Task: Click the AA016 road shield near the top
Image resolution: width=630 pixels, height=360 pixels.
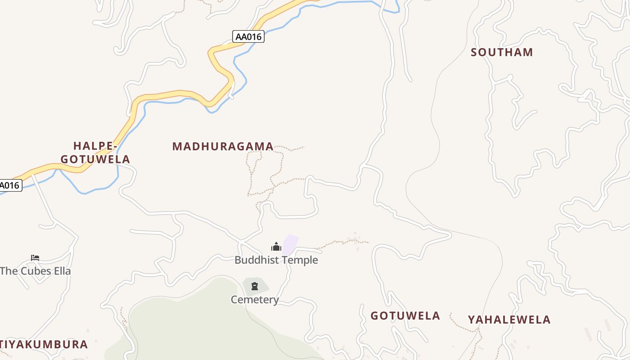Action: pyautogui.click(x=248, y=36)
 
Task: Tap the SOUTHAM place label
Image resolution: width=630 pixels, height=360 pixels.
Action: pyautogui.click(x=502, y=52)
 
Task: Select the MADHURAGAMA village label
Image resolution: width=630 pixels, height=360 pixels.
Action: pyautogui.click(x=223, y=146)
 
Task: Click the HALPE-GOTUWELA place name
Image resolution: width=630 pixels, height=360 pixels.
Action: pyautogui.click(x=95, y=153)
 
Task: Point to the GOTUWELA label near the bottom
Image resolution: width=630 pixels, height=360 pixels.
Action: pyautogui.click(x=405, y=316)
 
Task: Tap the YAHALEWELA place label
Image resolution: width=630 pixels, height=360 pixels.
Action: pyautogui.click(x=509, y=320)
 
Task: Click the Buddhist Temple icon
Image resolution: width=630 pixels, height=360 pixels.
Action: pyautogui.click(x=276, y=247)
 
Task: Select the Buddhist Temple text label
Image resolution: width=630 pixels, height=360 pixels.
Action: pyautogui.click(x=276, y=260)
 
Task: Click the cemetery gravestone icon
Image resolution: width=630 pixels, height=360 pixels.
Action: pyautogui.click(x=255, y=286)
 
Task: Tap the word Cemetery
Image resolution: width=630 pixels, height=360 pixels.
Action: pyautogui.click(x=255, y=300)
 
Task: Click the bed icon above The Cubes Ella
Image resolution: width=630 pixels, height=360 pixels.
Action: pyautogui.click(x=35, y=258)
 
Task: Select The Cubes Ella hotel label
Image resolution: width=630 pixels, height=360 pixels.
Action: pyautogui.click(x=36, y=271)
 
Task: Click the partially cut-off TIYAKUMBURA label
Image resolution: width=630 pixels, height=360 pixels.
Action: pyautogui.click(x=44, y=345)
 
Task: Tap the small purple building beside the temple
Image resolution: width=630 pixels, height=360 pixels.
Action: pyautogui.click(x=291, y=244)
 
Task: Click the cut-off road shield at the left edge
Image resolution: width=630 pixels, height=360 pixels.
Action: pyautogui.click(x=10, y=185)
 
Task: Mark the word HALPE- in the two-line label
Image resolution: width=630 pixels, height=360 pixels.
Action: pyautogui.click(x=95, y=146)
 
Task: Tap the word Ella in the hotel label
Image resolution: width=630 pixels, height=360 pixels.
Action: pyautogui.click(x=62, y=271)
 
